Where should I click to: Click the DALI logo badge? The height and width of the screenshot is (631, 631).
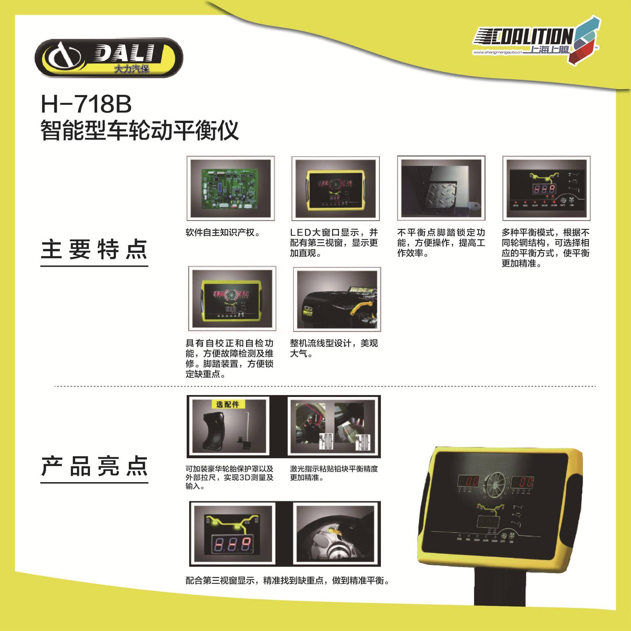(108, 58)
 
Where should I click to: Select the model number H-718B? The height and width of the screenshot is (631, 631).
(86, 104)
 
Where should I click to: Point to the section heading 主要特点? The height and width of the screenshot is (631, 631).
(94, 250)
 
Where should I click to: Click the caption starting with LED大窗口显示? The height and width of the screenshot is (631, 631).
(334, 243)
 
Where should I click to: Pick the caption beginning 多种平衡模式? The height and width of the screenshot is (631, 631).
(546, 248)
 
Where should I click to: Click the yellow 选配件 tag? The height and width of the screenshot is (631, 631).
(227, 404)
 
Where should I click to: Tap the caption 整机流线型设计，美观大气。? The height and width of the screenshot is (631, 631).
(334, 348)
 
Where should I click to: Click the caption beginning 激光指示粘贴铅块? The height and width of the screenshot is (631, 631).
(334, 473)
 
